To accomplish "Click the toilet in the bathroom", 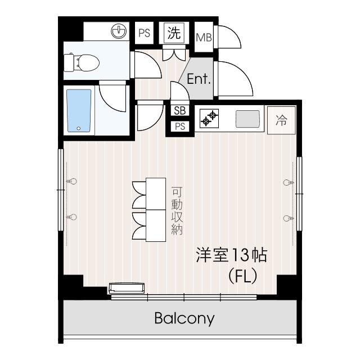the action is (x=81, y=62).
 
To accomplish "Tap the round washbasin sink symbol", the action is (x=119, y=31).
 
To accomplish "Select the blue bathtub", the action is (x=79, y=111).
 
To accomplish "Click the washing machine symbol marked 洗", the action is (x=174, y=33).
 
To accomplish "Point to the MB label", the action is (x=204, y=38).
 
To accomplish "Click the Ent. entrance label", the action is (x=199, y=79).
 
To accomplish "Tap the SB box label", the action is (x=180, y=111).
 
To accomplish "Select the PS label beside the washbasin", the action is (x=144, y=33).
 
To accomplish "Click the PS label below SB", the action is (x=180, y=126).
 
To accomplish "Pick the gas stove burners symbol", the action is (x=209, y=118).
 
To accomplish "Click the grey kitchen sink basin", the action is (x=247, y=119).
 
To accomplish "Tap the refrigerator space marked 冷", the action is (x=281, y=120).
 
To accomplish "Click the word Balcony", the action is (x=184, y=318).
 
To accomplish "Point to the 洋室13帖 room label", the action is (x=231, y=255).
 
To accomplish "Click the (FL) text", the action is (x=242, y=276).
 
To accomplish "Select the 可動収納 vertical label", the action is (x=177, y=211).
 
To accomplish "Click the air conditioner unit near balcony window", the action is (x=127, y=289).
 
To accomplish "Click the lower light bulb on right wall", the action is (x=289, y=218).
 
